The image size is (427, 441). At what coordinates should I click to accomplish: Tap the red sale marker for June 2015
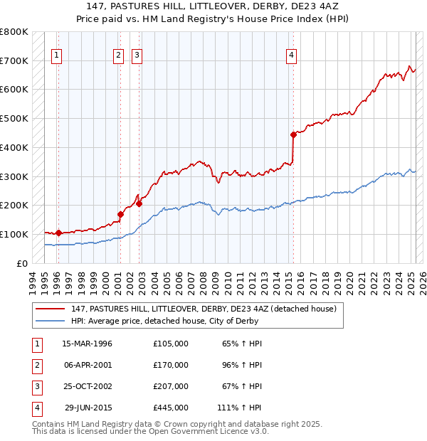pos(293,134)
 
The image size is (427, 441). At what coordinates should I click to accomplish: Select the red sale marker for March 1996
pos(58,233)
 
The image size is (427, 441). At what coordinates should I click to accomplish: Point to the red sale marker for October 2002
pos(139,203)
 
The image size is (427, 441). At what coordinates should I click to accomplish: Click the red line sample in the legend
pos(51,309)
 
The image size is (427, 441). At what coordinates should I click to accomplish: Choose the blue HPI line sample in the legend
pos(51,320)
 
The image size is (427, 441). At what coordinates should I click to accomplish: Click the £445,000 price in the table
pos(171,408)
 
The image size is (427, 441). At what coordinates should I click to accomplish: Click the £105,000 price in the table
pos(171,344)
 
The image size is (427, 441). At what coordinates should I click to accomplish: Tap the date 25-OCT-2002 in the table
pos(88,386)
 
